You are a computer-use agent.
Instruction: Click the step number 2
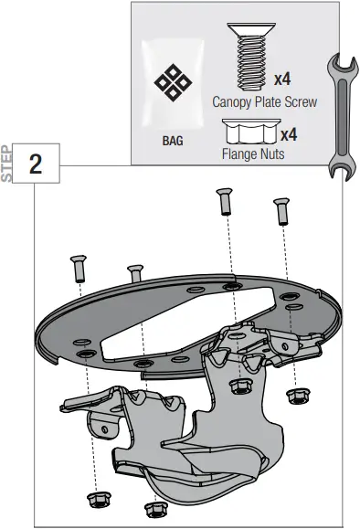point(36,164)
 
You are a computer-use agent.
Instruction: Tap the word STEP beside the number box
point(8,164)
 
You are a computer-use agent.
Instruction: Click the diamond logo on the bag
point(172,86)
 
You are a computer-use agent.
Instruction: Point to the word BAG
point(173,143)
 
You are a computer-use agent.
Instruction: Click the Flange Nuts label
point(252,154)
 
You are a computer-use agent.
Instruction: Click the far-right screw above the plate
point(281,211)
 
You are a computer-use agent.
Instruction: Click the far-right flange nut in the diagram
point(296,397)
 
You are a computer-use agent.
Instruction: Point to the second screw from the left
point(136,272)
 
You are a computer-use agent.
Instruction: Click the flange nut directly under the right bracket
point(242,386)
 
